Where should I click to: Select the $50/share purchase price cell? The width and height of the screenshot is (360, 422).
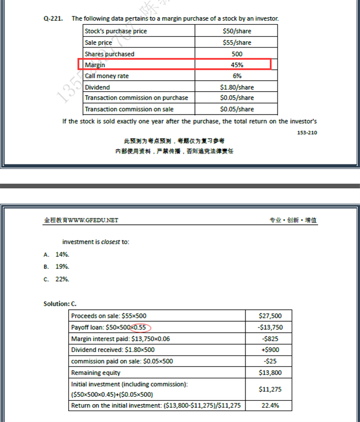tap(237, 31)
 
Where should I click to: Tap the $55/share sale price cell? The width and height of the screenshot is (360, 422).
tap(237, 42)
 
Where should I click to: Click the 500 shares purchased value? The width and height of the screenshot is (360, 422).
tap(237, 53)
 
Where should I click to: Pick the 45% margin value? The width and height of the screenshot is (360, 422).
tap(237, 65)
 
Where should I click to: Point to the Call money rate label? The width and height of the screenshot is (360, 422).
tap(107, 76)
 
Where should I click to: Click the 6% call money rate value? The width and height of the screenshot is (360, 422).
tap(237, 76)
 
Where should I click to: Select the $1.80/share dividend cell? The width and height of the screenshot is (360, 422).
tap(237, 87)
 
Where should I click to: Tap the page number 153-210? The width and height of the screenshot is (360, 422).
tap(307, 132)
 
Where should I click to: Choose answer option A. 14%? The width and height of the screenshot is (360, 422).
tap(56, 254)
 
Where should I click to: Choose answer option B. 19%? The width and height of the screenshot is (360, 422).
tap(56, 267)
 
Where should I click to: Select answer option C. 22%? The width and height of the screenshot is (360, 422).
tap(56, 279)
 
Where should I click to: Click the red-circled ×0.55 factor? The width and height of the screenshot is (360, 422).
tap(140, 327)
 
